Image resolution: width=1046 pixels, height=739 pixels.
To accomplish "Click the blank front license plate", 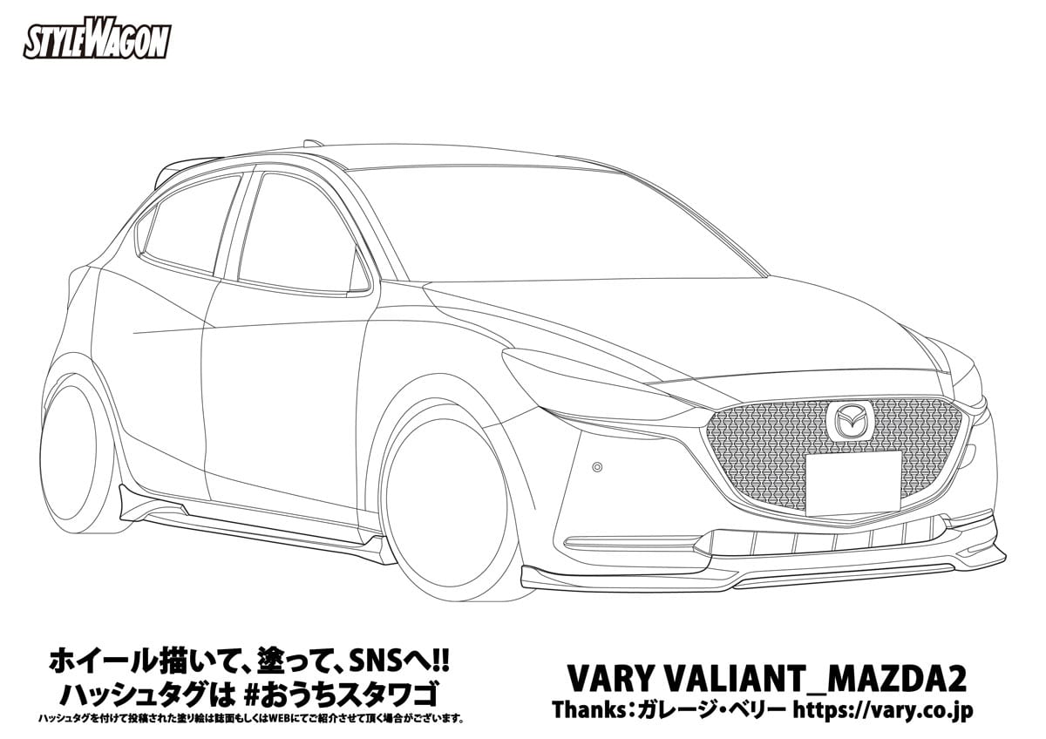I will (x=852, y=482).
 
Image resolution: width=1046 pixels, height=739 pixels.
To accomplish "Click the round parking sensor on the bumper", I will (x=597, y=466).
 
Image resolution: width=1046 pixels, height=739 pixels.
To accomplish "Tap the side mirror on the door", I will (x=358, y=273).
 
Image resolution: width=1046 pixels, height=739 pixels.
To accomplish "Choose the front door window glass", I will (x=292, y=231).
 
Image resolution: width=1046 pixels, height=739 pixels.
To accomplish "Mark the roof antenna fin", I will (x=312, y=143).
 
